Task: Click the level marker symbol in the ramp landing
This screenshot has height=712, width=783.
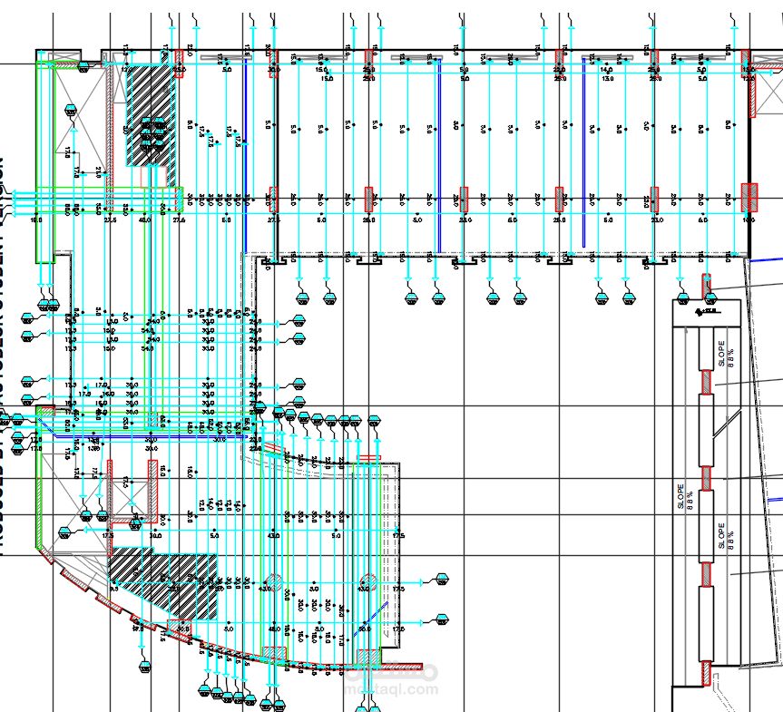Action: click(704, 311)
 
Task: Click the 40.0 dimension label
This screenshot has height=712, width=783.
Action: click(144, 220)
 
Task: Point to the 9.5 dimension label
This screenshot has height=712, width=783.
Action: click(114, 589)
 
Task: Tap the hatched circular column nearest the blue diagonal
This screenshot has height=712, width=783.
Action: click(368, 580)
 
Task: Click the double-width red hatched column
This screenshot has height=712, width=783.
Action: click(749, 196)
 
